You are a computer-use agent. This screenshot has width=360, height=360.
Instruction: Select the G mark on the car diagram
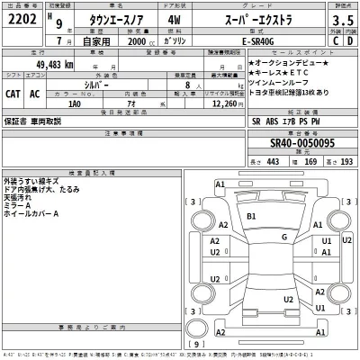click(283, 237)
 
